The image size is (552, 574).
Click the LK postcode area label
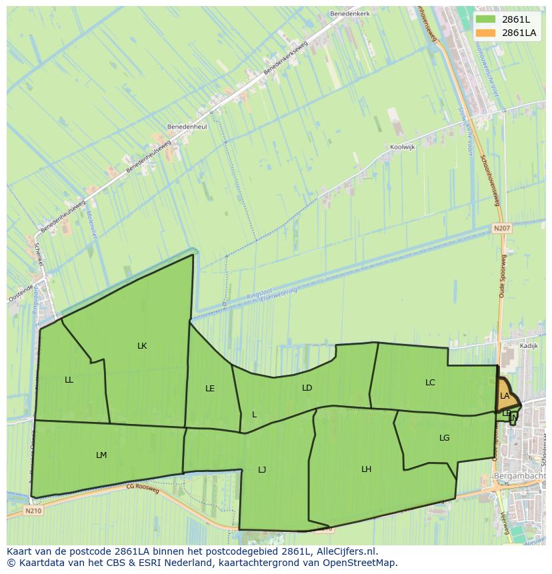[x=142, y=346]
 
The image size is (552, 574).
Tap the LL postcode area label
[x=69, y=380]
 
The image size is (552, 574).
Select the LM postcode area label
[x=101, y=455]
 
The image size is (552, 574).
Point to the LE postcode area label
[x=210, y=389]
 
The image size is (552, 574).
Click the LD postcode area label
[x=307, y=388]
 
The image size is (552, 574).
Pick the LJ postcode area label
[x=262, y=470]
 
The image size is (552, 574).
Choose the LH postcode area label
[x=366, y=469]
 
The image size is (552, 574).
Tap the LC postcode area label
[x=430, y=383]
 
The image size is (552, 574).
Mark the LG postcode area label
[x=445, y=438]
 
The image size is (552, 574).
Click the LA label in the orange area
[x=505, y=396]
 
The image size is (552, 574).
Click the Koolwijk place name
[x=403, y=147]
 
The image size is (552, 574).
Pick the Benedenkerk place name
[x=349, y=13]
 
